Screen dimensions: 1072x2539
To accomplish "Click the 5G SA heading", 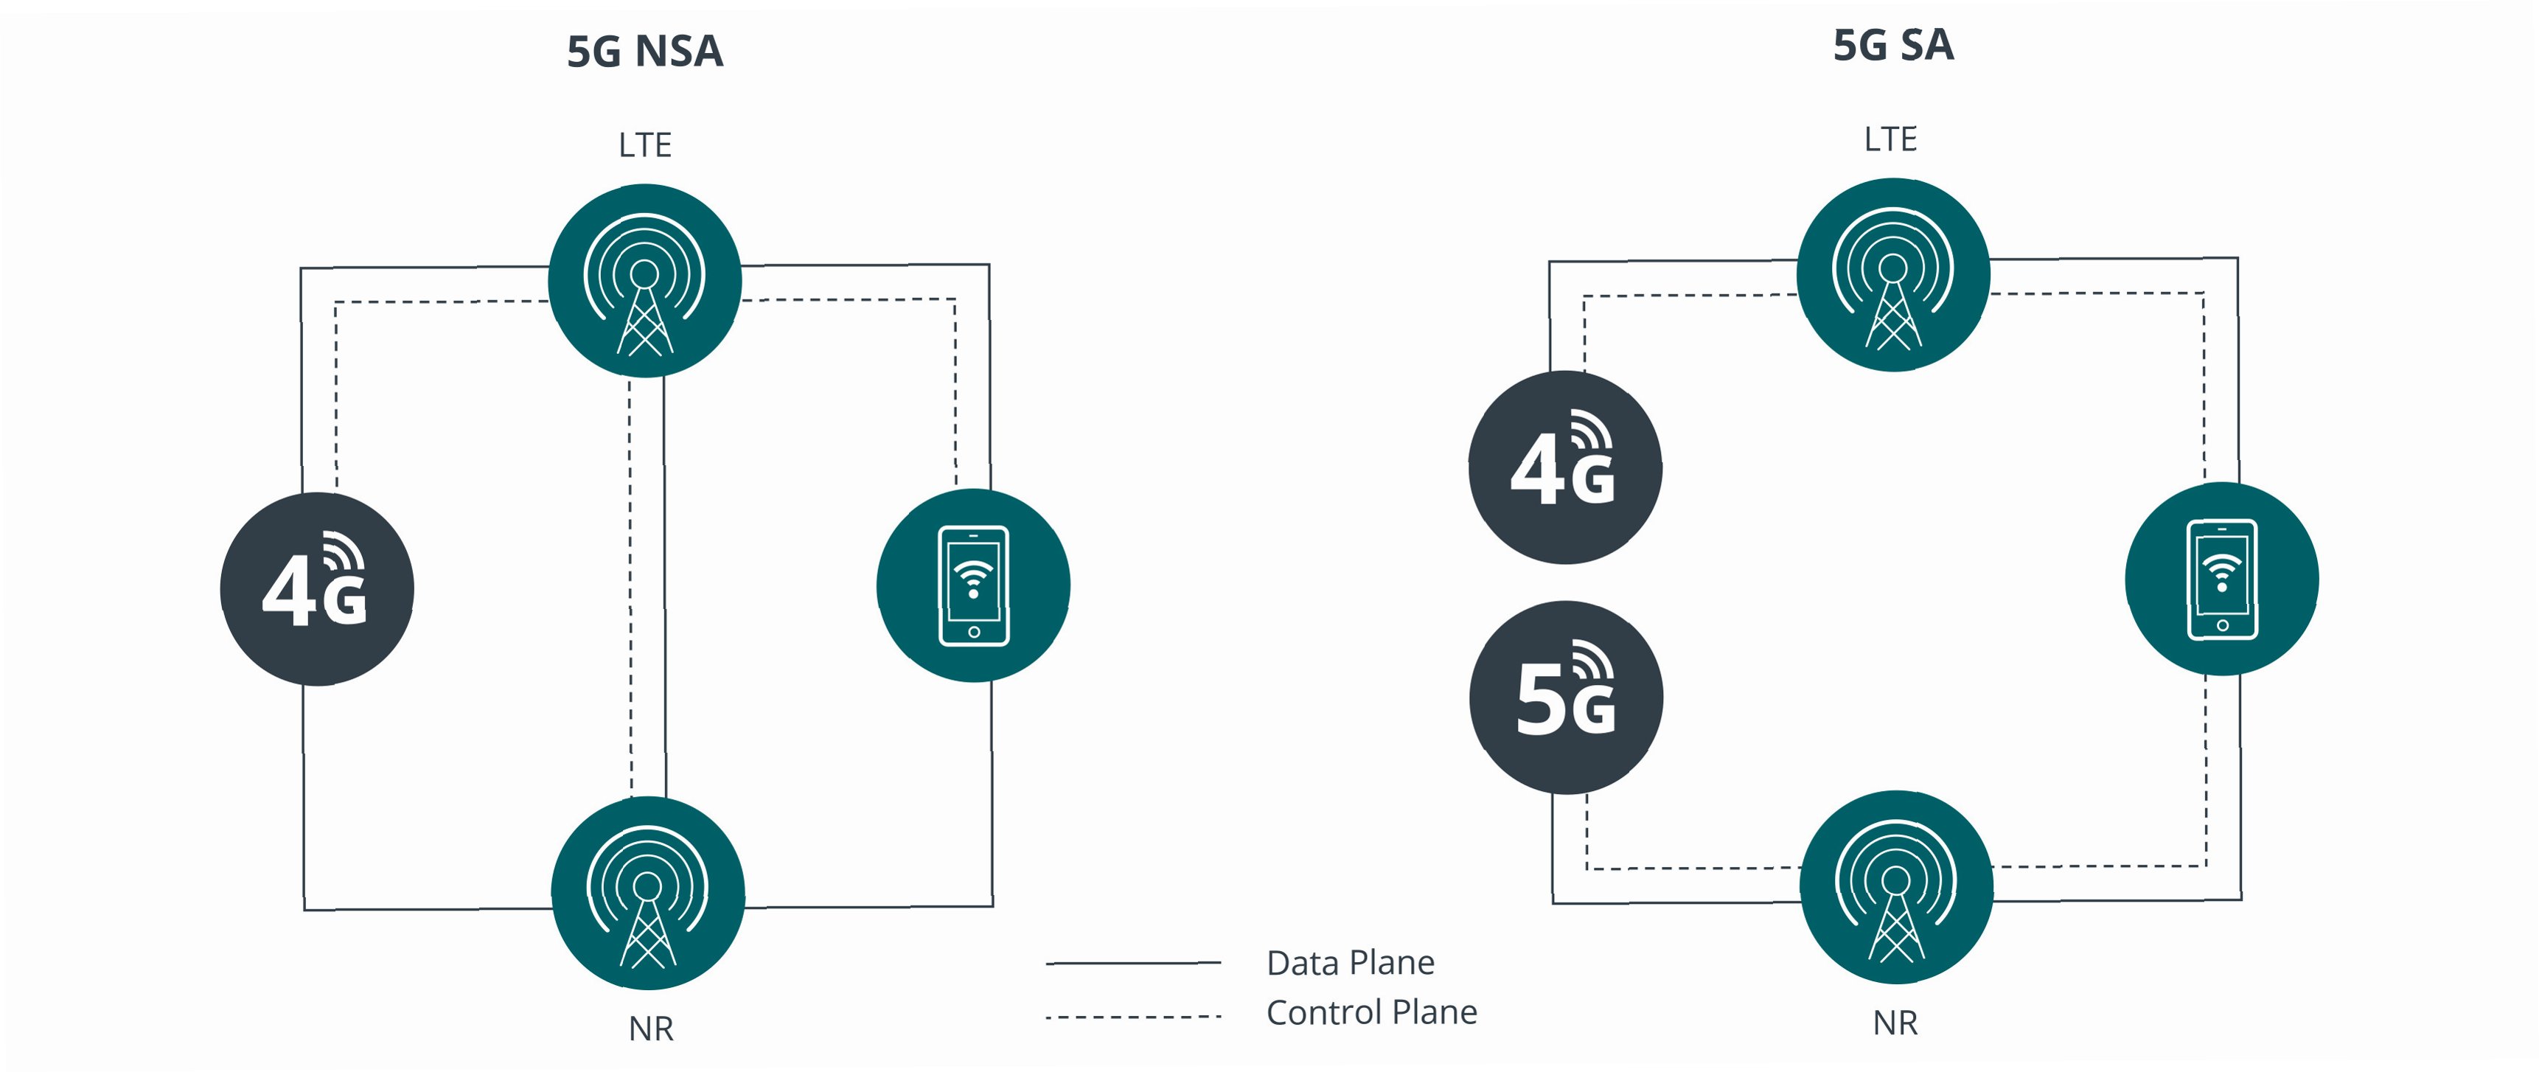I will point(1892,45).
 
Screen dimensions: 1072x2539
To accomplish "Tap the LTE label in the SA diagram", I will point(1890,139).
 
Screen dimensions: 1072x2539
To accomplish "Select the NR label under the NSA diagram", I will point(650,1029).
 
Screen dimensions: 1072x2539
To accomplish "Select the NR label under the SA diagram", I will point(1895,1023).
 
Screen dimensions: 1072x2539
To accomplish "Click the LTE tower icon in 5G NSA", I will point(644,281).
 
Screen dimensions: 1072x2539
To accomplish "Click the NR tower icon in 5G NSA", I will point(647,893).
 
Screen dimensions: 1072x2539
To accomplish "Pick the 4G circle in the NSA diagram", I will point(316,589).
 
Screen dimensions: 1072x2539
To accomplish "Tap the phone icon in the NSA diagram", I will point(973,585).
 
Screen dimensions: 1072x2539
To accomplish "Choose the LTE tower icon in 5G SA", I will point(1892,275).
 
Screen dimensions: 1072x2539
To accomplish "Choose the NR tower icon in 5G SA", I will point(1896,887).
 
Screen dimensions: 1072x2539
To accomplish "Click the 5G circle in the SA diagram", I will point(1566,697).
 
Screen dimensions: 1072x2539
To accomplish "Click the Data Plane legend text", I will point(1351,963).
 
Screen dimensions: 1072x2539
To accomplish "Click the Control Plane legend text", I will point(1371,1012).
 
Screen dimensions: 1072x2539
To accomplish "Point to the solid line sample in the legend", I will point(1134,963).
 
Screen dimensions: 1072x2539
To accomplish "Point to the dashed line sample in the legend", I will point(1134,1016).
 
